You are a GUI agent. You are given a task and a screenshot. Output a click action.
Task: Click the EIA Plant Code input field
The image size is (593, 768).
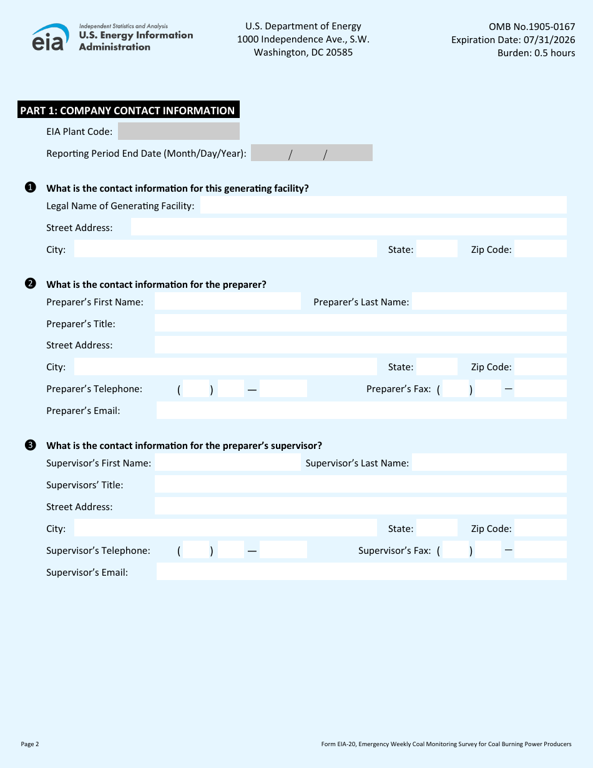pos(179,131)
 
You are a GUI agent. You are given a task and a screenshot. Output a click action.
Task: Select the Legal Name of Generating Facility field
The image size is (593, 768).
pos(383,205)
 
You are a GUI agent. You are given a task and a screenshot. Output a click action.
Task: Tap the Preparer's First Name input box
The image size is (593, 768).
pos(227,302)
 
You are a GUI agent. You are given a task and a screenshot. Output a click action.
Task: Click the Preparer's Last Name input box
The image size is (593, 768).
pos(489,302)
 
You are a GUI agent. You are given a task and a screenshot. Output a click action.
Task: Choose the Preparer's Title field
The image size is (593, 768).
pos(360,323)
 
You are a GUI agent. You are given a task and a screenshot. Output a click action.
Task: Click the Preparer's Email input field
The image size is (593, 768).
pos(361,410)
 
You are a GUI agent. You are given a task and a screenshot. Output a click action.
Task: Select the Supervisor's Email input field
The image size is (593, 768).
pos(361,572)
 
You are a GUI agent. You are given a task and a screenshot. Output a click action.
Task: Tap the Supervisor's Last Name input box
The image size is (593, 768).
pos(489,463)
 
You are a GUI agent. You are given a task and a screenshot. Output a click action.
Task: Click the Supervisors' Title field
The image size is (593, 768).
pos(360,485)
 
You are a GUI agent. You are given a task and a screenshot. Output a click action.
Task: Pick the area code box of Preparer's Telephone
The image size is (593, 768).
pos(196,389)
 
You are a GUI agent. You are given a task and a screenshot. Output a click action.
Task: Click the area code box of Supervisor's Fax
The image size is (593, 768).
pos(456,550)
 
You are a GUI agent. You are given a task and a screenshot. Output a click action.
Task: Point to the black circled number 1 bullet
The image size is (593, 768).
pos(30,187)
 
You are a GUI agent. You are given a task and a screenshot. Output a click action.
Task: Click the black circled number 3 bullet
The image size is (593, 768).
pos(30,445)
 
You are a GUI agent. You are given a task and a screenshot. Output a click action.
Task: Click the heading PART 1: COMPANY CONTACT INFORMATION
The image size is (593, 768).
pos(127,111)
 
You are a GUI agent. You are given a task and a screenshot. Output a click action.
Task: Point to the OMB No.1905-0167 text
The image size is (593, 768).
pos(532,27)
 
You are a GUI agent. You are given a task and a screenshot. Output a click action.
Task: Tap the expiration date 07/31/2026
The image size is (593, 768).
pos(550,40)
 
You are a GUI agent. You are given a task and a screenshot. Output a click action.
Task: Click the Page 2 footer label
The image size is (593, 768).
pos(30,744)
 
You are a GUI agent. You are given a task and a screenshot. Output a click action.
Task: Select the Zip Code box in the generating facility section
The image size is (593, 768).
pos(540,249)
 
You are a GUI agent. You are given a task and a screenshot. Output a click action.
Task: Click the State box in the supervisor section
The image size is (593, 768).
pos(436,528)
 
